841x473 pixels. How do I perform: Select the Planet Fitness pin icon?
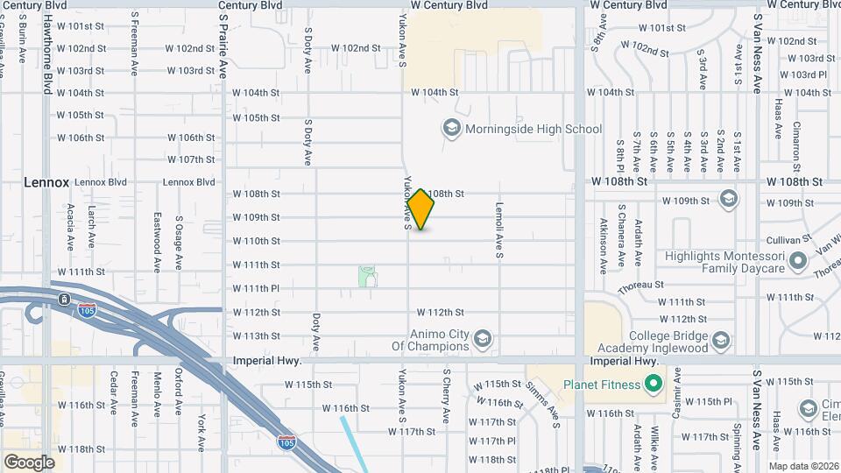652,384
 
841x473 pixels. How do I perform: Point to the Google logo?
29,462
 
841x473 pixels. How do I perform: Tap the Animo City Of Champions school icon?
482,338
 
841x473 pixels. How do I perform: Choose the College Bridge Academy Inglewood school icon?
720,340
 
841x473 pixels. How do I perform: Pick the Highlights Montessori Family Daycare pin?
797,260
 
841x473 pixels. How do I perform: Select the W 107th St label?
191,159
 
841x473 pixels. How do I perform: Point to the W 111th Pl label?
256,288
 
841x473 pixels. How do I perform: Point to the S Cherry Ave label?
446,397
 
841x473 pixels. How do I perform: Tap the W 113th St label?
256,335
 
